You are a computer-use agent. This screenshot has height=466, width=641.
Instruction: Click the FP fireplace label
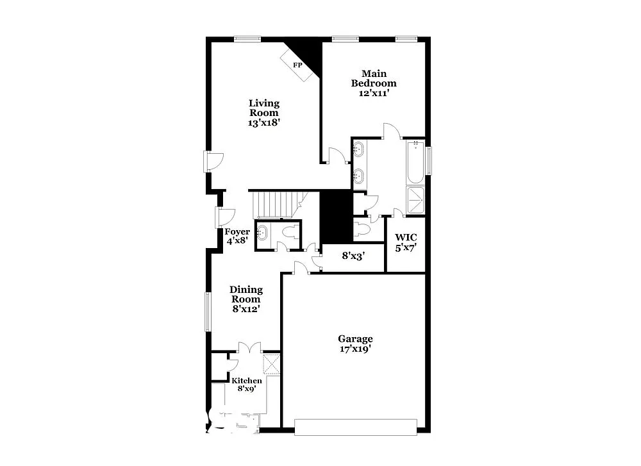pos(297,65)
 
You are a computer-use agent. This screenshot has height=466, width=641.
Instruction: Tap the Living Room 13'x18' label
pos(264,112)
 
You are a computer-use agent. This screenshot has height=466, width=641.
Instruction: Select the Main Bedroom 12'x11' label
pos(374,83)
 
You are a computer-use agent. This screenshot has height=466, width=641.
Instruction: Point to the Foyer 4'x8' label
pos(236,236)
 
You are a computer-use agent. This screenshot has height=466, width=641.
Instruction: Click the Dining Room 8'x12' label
pos(246,299)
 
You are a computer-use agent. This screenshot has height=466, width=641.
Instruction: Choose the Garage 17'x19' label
pos(355,344)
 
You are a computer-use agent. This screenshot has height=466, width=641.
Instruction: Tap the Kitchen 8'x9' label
pos(247,385)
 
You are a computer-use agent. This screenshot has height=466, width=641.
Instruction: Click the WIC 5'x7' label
pos(406,242)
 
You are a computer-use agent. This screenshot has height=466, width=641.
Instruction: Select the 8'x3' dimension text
pos(353,256)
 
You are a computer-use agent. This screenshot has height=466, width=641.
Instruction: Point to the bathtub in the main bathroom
pos(415,162)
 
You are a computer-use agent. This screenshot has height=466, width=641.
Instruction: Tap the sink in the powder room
pos(263,233)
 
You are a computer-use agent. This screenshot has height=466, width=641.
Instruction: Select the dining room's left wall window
pos(208,312)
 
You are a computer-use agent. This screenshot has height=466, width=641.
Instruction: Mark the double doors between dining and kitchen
pos(249,348)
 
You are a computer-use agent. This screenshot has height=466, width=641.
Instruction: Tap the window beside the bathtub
pos(430,160)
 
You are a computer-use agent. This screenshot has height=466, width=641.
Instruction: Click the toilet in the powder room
pos(291,233)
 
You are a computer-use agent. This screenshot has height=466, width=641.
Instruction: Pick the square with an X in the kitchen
pos(272,364)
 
